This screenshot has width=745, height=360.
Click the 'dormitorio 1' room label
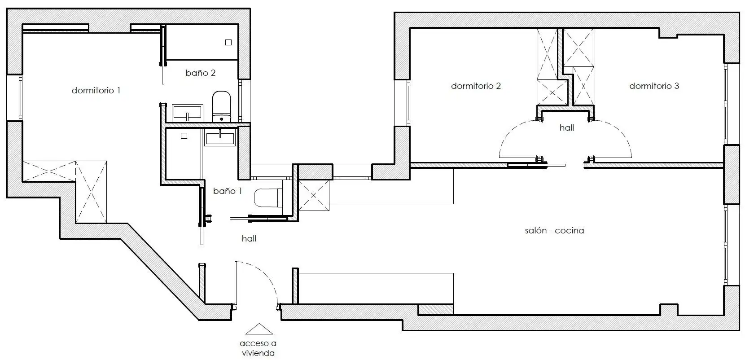coord(96,91)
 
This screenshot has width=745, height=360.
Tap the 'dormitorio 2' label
coord(476,86)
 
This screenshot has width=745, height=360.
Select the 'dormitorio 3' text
coord(654,86)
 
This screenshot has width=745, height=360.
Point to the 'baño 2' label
coord(201,73)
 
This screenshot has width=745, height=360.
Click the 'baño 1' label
coord(228,191)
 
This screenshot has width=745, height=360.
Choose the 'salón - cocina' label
coord(554,231)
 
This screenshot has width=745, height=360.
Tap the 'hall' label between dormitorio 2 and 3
coord(567,128)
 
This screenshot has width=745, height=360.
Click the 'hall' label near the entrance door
coord(249,238)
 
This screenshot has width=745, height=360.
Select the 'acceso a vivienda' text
coord(258,348)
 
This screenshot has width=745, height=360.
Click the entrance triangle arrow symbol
coord(259,329)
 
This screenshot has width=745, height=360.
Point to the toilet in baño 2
coord(222,106)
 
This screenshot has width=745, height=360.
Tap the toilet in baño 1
coord(268,198)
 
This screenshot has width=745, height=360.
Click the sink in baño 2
coord(187,113)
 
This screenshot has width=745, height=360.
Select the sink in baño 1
coord(220,137)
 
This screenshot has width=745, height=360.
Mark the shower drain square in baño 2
coord(228,42)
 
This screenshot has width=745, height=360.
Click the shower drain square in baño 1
coord(184,136)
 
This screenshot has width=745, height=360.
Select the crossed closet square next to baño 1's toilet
coord(314,196)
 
